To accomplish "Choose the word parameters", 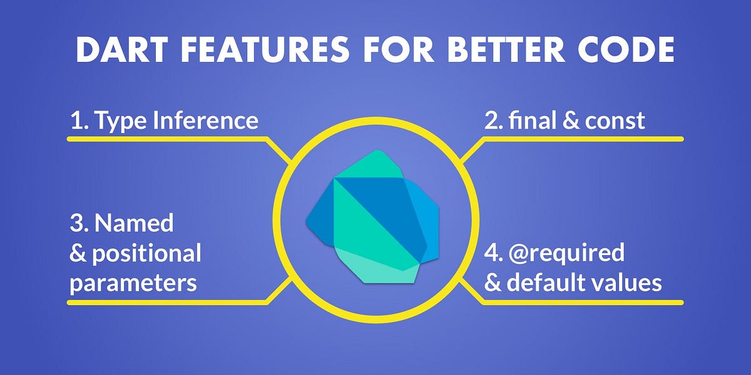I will [133, 283].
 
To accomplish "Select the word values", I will [627, 283].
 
